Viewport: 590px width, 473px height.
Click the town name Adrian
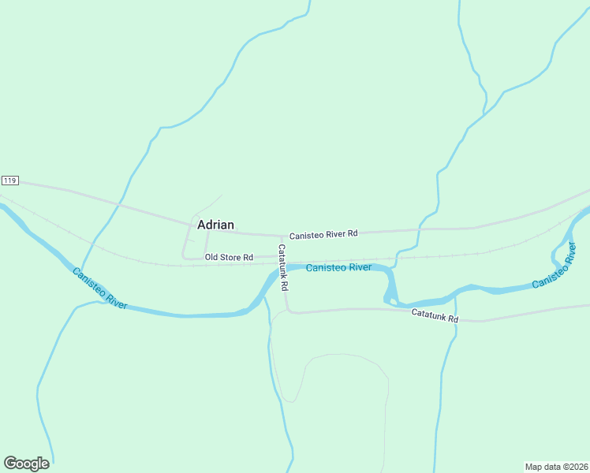point(215,225)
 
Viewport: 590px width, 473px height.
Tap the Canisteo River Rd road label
point(323,234)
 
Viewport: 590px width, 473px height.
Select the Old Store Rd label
point(229,257)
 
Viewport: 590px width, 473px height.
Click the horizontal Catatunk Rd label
point(435,315)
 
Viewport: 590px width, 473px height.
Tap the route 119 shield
point(9,181)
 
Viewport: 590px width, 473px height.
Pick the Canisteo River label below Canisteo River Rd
point(338,267)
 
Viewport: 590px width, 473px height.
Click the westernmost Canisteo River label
point(99,289)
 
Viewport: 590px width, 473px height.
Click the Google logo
point(26,464)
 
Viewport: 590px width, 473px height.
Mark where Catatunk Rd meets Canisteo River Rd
point(282,236)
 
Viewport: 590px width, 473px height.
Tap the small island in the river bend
point(390,297)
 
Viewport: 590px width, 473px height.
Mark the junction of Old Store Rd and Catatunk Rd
point(282,257)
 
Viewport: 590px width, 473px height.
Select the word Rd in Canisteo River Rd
point(352,233)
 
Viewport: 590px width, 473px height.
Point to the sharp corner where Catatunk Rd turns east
point(289,311)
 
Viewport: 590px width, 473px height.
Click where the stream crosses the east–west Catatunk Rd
point(455,319)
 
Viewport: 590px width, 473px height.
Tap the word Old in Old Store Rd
point(211,257)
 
